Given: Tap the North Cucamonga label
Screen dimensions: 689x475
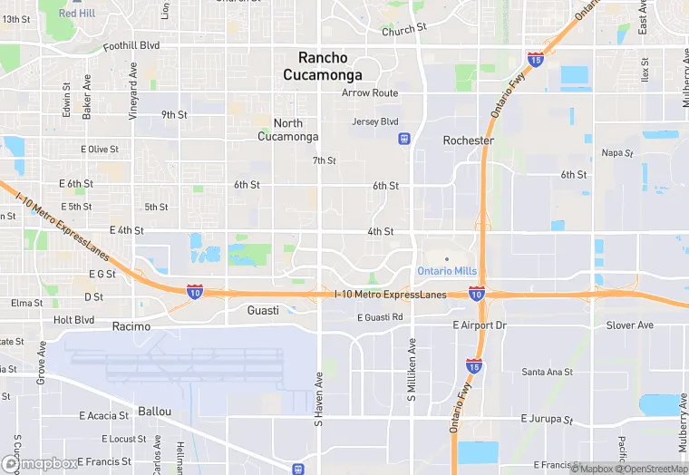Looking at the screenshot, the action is tap(288, 130).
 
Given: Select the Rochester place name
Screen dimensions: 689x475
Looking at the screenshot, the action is tap(468, 141).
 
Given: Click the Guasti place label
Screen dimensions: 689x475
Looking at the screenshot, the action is tap(263, 310).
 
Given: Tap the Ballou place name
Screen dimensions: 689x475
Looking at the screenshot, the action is tap(154, 411).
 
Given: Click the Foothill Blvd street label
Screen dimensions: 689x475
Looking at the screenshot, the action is tap(131, 45).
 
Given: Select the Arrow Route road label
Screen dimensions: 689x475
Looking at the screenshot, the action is tap(370, 93).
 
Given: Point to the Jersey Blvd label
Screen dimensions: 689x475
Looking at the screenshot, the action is tap(374, 121).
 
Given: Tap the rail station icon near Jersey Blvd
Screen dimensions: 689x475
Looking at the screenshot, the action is tap(403, 139).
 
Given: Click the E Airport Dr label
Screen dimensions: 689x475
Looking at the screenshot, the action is tap(480, 325).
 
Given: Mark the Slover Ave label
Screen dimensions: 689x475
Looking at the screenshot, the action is tap(630, 325).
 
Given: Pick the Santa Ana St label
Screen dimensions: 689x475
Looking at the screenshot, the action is tap(547, 372).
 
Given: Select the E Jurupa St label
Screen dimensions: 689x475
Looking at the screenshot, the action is tap(548, 419).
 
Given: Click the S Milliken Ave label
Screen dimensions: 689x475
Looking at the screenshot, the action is tap(412, 371).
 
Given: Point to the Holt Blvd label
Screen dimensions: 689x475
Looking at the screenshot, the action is tap(73, 319).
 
